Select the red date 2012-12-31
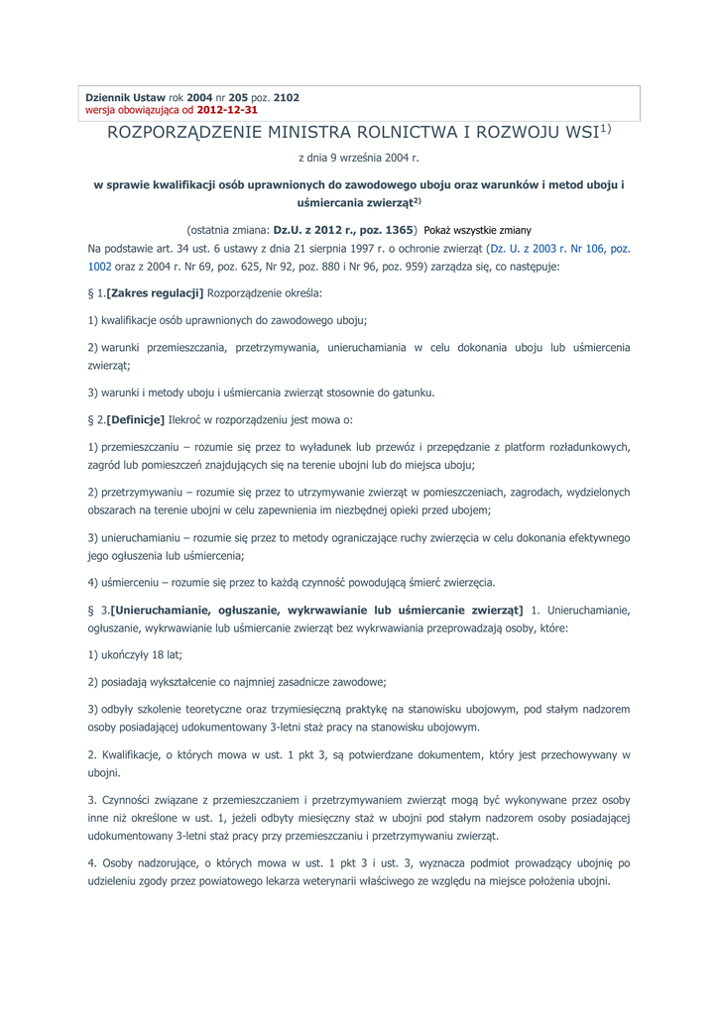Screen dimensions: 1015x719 coord(228,110)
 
